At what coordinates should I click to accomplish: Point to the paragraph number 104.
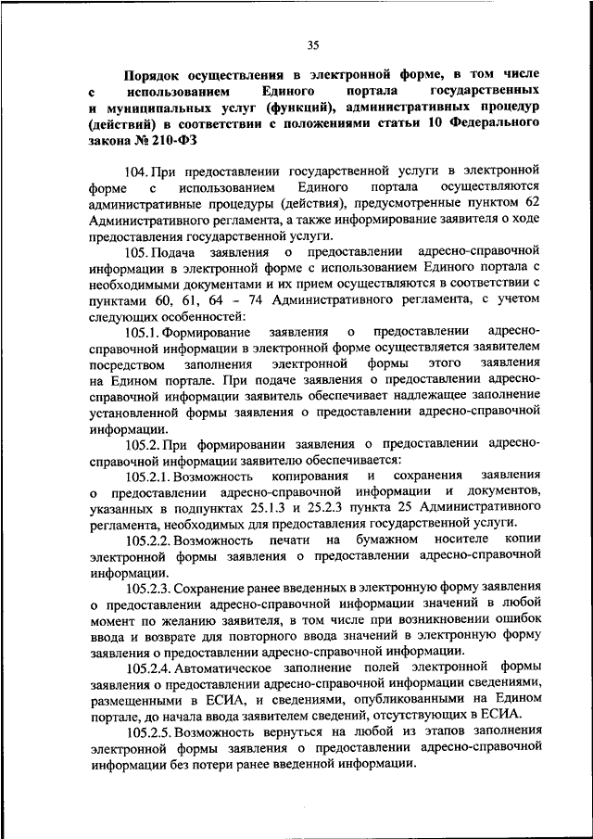point(137,171)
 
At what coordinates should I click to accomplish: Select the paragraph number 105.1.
point(145,332)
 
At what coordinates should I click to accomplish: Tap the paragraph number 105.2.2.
point(152,540)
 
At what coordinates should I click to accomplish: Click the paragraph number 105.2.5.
point(152,731)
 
